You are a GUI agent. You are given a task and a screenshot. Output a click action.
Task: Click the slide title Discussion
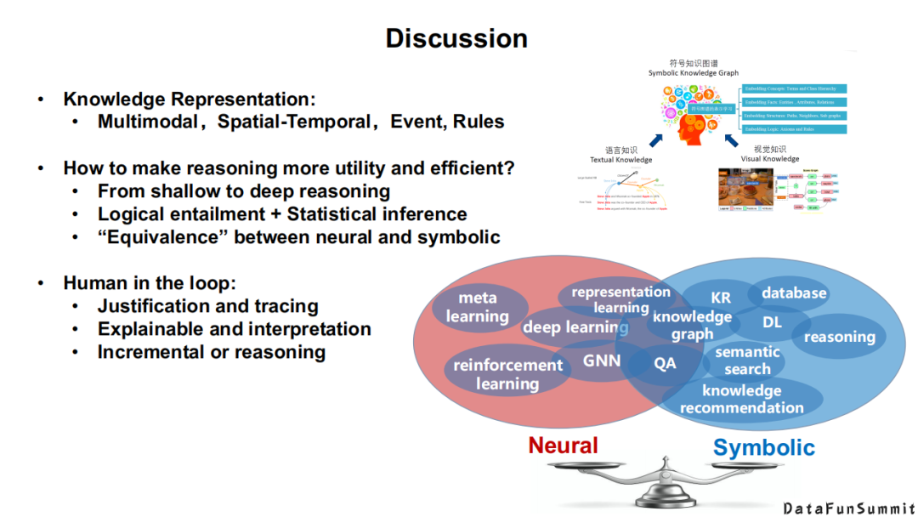click(456, 38)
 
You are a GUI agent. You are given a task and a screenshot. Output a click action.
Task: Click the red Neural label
click(563, 445)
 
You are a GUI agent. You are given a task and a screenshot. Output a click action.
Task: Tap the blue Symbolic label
click(763, 447)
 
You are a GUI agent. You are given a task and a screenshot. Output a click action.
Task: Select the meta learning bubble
click(478, 307)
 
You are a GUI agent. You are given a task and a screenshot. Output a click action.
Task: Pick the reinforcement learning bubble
click(507, 374)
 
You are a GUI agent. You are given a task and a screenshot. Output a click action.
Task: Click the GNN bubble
click(602, 361)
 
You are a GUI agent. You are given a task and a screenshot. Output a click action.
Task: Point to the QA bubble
click(665, 362)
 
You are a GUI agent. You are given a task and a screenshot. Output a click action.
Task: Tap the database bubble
click(794, 293)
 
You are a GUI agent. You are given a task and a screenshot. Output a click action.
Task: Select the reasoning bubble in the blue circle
click(839, 337)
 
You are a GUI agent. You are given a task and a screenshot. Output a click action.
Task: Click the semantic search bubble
click(747, 361)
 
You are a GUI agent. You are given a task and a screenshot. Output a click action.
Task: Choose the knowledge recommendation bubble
click(741, 399)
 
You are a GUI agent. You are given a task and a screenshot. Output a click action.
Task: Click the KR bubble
click(720, 298)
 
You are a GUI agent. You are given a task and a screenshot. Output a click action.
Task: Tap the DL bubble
click(772, 321)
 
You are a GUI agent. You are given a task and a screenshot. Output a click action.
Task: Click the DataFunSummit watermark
click(848, 508)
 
